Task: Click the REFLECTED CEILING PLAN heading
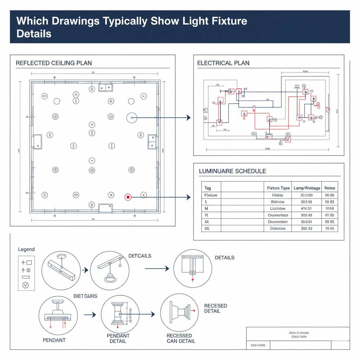(x=54, y=63)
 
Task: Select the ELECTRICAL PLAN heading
(x=223, y=63)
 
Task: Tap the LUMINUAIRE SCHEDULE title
(x=232, y=171)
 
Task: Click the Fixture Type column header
(x=278, y=188)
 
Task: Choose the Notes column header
(x=330, y=188)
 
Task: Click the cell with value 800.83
(x=306, y=215)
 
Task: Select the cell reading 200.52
(x=306, y=229)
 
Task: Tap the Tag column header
(x=208, y=188)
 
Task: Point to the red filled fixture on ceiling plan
(x=128, y=198)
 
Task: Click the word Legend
(x=26, y=249)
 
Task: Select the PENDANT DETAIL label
(x=118, y=339)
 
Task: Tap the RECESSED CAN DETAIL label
(x=179, y=338)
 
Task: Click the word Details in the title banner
(x=34, y=34)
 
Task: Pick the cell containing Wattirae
(x=278, y=202)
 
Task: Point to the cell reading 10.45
(x=330, y=229)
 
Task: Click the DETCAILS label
(x=140, y=256)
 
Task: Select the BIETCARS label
(x=85, y=296)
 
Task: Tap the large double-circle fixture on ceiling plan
(x=132, y=118)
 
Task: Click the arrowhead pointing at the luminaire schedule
(x=188, y=198)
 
